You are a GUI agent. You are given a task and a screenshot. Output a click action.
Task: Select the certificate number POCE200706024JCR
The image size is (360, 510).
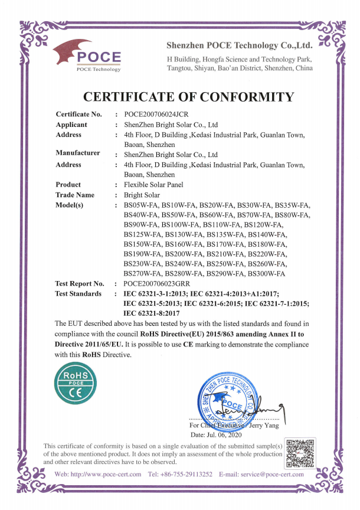point(156,114)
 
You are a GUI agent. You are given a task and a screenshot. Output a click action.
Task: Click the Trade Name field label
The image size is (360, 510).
point(75,195)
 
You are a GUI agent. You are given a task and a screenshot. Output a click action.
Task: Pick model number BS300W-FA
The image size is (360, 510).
point(267,274)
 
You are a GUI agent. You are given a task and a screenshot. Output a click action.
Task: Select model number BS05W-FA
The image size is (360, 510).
point(142,205)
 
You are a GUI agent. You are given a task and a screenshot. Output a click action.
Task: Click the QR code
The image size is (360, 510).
point(300,453)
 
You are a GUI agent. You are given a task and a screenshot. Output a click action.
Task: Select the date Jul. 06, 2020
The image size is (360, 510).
point(234,434)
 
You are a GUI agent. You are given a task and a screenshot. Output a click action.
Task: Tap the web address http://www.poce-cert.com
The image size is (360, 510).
point(105,474)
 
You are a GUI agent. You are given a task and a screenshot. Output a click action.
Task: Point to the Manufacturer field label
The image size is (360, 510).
point(78,153)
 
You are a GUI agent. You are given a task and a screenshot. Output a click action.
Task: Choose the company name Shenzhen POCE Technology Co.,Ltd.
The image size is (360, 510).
point(239,45)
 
